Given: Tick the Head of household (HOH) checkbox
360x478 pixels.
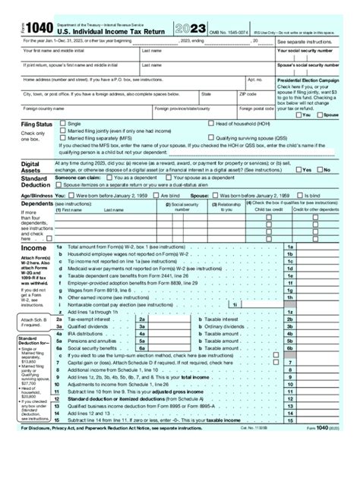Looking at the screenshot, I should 210,123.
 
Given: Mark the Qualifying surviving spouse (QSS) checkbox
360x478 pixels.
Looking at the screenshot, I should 210,139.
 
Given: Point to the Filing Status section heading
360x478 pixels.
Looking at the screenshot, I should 26,124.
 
